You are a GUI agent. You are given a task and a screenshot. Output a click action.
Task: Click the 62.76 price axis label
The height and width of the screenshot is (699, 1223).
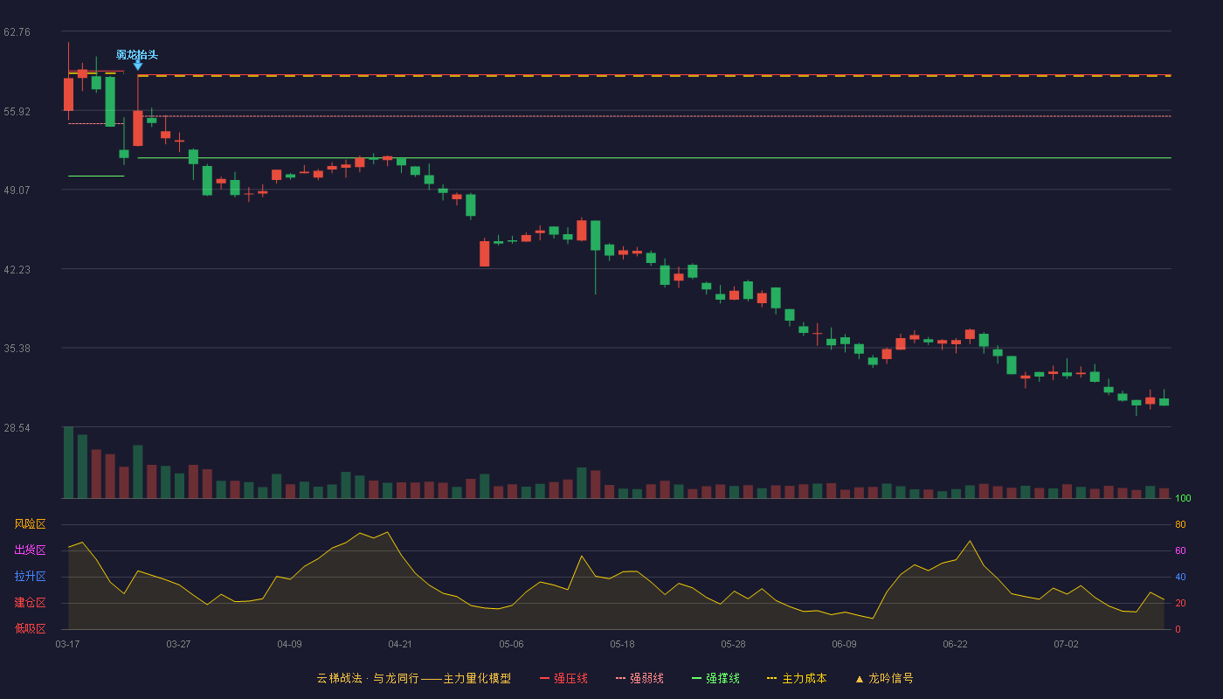17,32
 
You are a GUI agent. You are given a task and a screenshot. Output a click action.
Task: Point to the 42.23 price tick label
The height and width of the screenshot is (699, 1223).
17,270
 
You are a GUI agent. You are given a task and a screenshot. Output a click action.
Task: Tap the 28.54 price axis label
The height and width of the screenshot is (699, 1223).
17,427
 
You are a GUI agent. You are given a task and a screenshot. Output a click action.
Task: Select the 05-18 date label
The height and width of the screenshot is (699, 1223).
622,645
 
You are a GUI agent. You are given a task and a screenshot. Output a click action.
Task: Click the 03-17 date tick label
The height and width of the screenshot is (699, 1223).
68,645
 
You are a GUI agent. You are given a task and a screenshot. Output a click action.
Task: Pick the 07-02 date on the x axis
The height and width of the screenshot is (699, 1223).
1067,645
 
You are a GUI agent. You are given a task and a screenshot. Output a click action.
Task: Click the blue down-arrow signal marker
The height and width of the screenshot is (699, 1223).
138,66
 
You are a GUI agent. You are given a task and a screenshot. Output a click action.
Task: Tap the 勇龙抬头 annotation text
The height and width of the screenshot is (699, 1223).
137,54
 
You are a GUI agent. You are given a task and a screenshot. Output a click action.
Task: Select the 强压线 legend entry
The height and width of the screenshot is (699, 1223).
564,678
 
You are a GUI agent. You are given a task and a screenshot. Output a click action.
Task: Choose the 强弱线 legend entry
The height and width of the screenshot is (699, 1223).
639,678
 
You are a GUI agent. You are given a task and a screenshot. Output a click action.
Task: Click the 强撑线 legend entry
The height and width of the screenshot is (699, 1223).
715,678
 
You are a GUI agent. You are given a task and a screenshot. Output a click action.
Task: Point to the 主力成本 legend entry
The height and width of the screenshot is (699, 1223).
797,678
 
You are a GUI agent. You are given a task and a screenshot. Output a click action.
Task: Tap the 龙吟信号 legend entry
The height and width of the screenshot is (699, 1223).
884,678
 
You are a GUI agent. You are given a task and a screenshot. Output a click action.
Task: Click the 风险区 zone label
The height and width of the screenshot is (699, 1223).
30,524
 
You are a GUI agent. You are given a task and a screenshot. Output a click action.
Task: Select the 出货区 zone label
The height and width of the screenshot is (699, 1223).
30,550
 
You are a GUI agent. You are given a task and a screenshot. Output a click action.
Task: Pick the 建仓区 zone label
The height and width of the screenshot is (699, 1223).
30,602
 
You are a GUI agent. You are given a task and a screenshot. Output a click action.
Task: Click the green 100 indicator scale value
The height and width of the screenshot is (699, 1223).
1183,498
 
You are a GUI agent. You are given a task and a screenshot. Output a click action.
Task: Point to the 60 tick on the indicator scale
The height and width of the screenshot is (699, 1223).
1180,550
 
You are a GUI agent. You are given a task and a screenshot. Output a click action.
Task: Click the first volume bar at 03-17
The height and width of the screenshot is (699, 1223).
68,462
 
